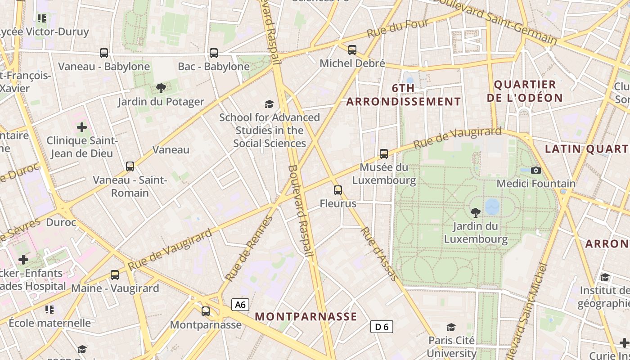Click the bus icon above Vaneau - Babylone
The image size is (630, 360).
[104, 53]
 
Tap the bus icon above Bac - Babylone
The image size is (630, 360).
[214, 53]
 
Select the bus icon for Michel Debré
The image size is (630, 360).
[352, 50]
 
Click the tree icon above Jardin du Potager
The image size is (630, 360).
[161, 88]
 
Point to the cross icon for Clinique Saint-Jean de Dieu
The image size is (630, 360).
[82, 127]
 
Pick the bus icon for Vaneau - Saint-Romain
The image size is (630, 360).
[130, 166]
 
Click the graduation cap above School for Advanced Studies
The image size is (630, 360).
[269, 104]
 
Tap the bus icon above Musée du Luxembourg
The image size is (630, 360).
[384, 154]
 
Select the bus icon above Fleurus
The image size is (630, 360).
[338, 190]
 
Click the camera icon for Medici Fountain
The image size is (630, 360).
[535, 170]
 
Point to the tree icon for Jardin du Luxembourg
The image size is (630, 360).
[475, 213]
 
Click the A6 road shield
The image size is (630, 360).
[240, 305]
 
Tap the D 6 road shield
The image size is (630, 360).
[382, 327]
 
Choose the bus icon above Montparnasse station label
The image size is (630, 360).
[206, 311]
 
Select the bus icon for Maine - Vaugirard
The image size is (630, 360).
[115, 275]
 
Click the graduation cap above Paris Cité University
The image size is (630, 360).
[451, 327]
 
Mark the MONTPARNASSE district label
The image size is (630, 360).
[306, 316]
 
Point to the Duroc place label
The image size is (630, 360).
[61, 223]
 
